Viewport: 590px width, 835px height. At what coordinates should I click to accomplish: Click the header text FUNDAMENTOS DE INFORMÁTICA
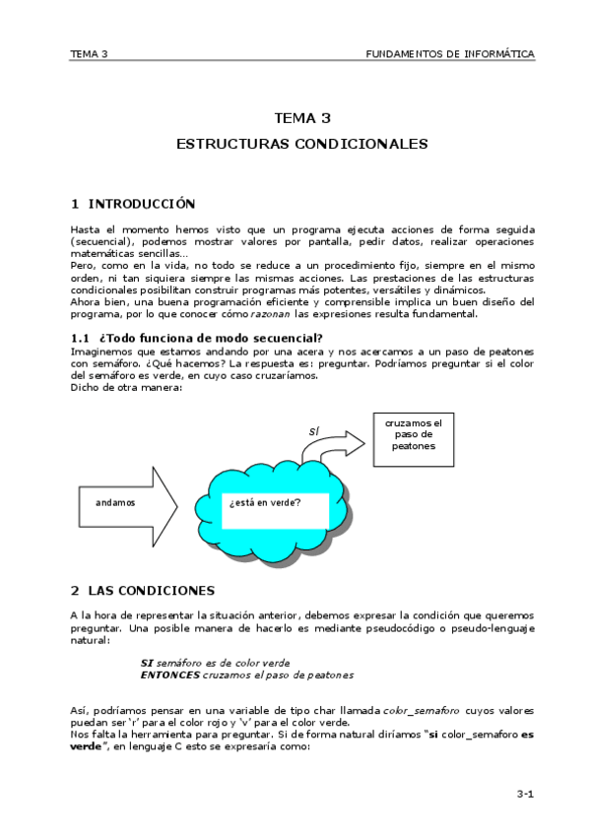pyautogui.click(x=450, y=53)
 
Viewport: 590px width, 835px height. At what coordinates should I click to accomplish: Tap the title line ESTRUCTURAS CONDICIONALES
pyautogui.click(x=301, y=144)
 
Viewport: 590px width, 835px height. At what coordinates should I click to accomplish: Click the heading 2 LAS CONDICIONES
pyautogui.click(x=142, y=591)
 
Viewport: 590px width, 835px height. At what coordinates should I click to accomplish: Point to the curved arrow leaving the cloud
pyautogui.click(x=331, y=443)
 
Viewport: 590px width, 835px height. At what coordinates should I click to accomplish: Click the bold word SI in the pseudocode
pyautogui.click(x=147, y=663)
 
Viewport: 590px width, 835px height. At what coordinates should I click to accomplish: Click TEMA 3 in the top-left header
pyautogui.click(x=89, y=53)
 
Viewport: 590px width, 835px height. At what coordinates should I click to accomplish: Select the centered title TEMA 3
pyautogui.click(x=301, y=118)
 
